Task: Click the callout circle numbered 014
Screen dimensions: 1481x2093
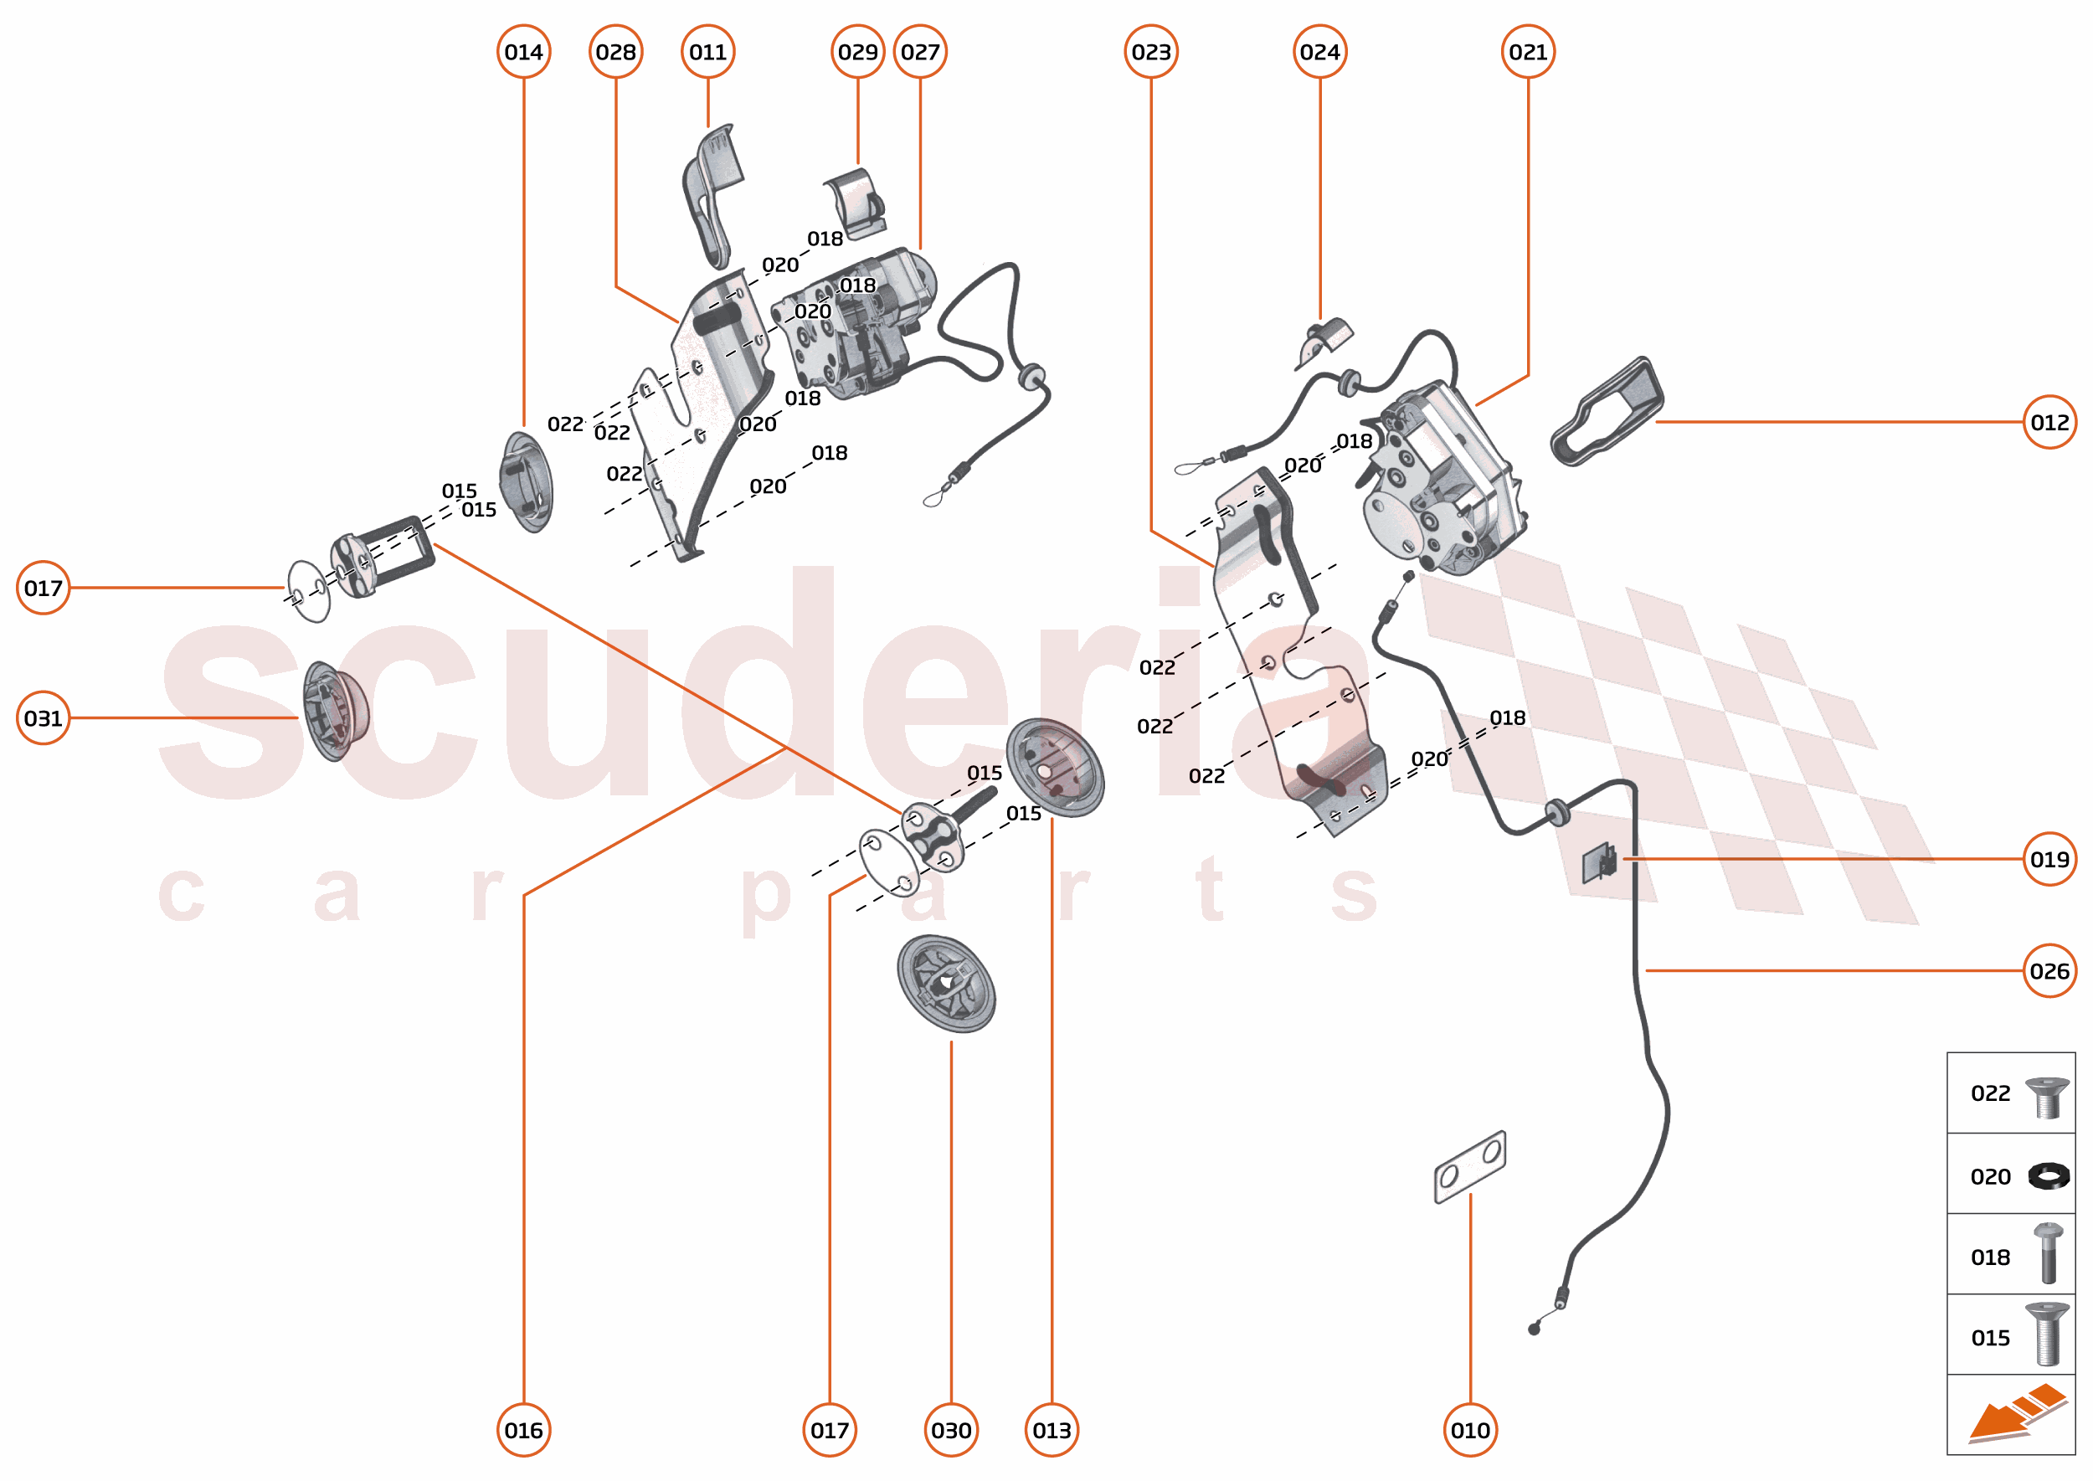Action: tap(523, 52)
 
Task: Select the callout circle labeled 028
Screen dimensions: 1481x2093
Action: tap(615, 52)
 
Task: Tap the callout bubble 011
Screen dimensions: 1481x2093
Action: tap(707, 52)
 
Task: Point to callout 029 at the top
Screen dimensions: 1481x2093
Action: tap(857, 52)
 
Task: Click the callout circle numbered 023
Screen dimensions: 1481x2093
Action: tap(1151, 52)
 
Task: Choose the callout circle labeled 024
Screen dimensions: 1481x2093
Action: tap(1319, 52)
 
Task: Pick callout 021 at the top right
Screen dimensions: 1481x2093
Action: tap(1528, 52)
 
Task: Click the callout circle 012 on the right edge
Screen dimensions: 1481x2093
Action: tap(2049, 422)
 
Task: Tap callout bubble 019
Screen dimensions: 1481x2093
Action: tap(2049, 859)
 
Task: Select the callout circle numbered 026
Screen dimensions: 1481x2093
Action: tap(2049, 971)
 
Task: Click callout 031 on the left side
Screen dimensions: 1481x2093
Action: tap(43, 718)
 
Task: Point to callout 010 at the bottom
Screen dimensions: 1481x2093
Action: tap(1470, 1430)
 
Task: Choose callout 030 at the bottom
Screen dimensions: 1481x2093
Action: tap(951, 1430)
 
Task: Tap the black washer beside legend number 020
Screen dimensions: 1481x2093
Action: tap(2049, 1176)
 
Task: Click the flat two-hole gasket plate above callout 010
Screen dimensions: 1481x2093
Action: tap(1469, 1167)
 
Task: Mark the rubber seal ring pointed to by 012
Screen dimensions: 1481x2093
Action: tap(1606, 413)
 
